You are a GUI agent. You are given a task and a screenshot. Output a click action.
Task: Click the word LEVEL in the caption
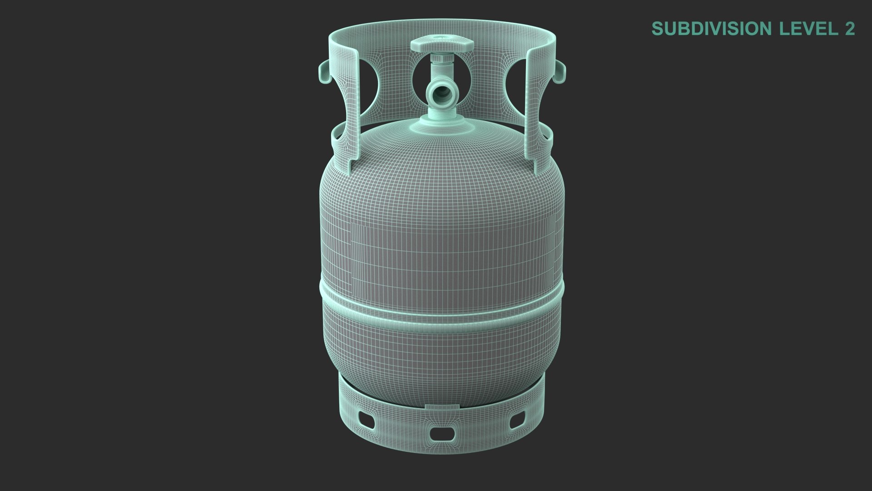pos(806,29)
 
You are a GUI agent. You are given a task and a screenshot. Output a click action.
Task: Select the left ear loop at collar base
pos(335,135)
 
